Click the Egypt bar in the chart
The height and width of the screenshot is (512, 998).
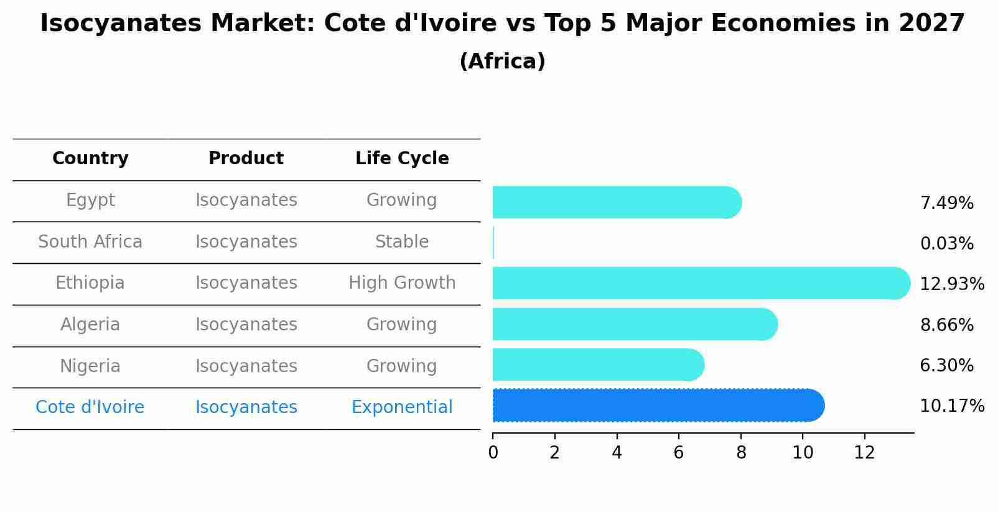click(616, 202)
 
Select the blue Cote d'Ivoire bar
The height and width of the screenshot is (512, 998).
click(658, 406)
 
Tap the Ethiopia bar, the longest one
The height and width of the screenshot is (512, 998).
click(700, 283)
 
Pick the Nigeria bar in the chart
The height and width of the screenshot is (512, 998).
click(597, 365)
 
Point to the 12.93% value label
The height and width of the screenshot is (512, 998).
click(951, 284)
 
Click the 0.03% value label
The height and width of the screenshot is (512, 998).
click(946, 244)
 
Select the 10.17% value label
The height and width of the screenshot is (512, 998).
click(951, 406)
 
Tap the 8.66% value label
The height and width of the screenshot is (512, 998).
click(946, 325)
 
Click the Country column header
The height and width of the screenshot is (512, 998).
click(90, 159)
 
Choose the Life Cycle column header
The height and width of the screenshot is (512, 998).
click(402, 159)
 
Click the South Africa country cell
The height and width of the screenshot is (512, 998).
click(90, 241)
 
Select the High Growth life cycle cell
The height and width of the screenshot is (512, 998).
click(402, 283)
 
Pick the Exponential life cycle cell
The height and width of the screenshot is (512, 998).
click(402, 407)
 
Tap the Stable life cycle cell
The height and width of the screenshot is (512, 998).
click(402, 241)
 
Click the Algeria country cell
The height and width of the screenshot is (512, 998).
click(90, 324)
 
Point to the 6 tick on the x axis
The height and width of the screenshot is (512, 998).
click(679, 453)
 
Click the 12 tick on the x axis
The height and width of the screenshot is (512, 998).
click(864, 453)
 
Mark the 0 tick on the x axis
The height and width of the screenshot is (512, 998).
click(493, 453)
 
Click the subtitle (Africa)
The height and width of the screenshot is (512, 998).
click(502, 62)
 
